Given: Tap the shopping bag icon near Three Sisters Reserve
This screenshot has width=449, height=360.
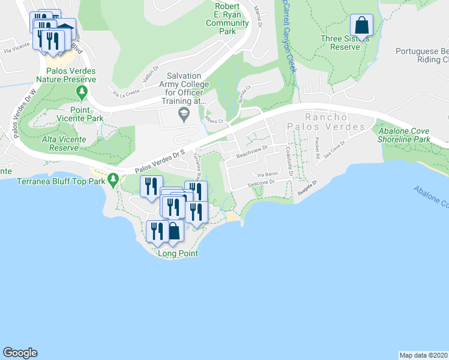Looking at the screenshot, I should coord(361,25).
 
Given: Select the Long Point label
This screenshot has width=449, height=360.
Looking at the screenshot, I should coord(178,254).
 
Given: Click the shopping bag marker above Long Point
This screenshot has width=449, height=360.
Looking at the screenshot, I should coord(173,231).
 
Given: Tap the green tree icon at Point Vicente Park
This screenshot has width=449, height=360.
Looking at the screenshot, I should coord(82,92).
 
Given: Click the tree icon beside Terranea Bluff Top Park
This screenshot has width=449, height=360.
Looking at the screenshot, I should coord(113,179).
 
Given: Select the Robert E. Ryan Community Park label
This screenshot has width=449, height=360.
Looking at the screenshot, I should coord(228,19).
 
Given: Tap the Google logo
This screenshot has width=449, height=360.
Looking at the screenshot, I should coord(20,353).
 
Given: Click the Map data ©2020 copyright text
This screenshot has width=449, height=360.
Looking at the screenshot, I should coord(423,355).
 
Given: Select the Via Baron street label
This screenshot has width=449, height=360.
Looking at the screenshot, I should coord(268,173).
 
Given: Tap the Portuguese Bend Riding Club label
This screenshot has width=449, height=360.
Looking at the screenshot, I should coord(423,56).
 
